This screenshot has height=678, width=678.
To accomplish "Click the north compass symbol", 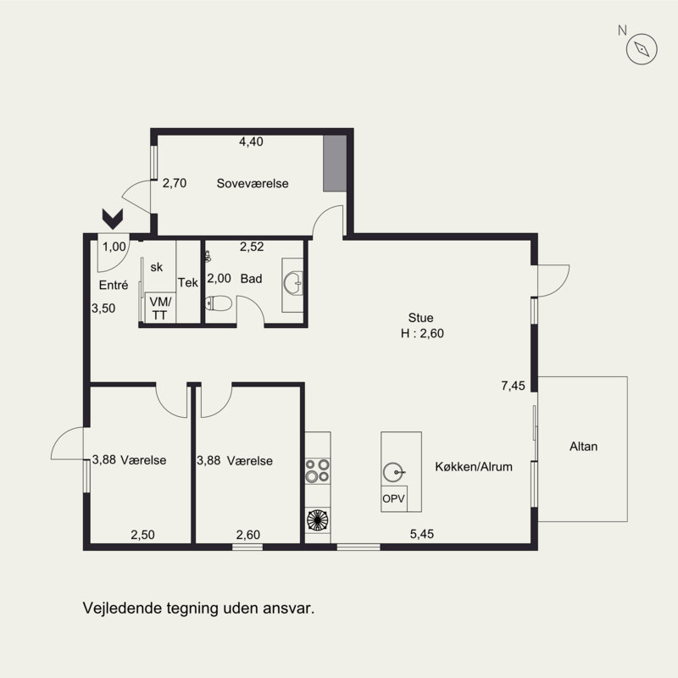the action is coord(642,49).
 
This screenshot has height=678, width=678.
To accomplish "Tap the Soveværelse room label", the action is coord(253,183).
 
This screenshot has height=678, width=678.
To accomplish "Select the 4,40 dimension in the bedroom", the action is coord(251,142).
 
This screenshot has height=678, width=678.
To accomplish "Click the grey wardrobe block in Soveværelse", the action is coord(335,163).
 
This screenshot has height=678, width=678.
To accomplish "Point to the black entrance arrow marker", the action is coord(113,219).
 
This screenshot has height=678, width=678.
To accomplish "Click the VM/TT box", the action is coord(160,308).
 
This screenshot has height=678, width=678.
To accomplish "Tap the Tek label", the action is coord(188,282).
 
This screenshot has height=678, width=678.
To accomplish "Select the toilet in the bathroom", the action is coord(219,303).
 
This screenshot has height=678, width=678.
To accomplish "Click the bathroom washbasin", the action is coord(293,283).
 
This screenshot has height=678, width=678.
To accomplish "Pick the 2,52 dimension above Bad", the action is coord(252,247).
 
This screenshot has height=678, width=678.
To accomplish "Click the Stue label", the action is coord(420,318).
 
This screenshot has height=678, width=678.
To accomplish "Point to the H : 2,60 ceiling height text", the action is coord(422,333).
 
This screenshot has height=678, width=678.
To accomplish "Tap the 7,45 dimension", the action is coord(514,386).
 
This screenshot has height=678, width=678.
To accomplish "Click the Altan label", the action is coord(583,447).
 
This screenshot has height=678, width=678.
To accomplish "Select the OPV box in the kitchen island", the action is coord(394,498).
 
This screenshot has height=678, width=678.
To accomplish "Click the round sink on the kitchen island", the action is coord(393,472).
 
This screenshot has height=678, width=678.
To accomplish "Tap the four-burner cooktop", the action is coord(318,471).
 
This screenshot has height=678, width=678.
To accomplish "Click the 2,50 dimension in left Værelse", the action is coord(142,535).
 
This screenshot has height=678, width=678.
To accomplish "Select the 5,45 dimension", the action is coord(422,534).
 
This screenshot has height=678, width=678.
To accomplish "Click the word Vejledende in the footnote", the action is coord(123,608).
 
